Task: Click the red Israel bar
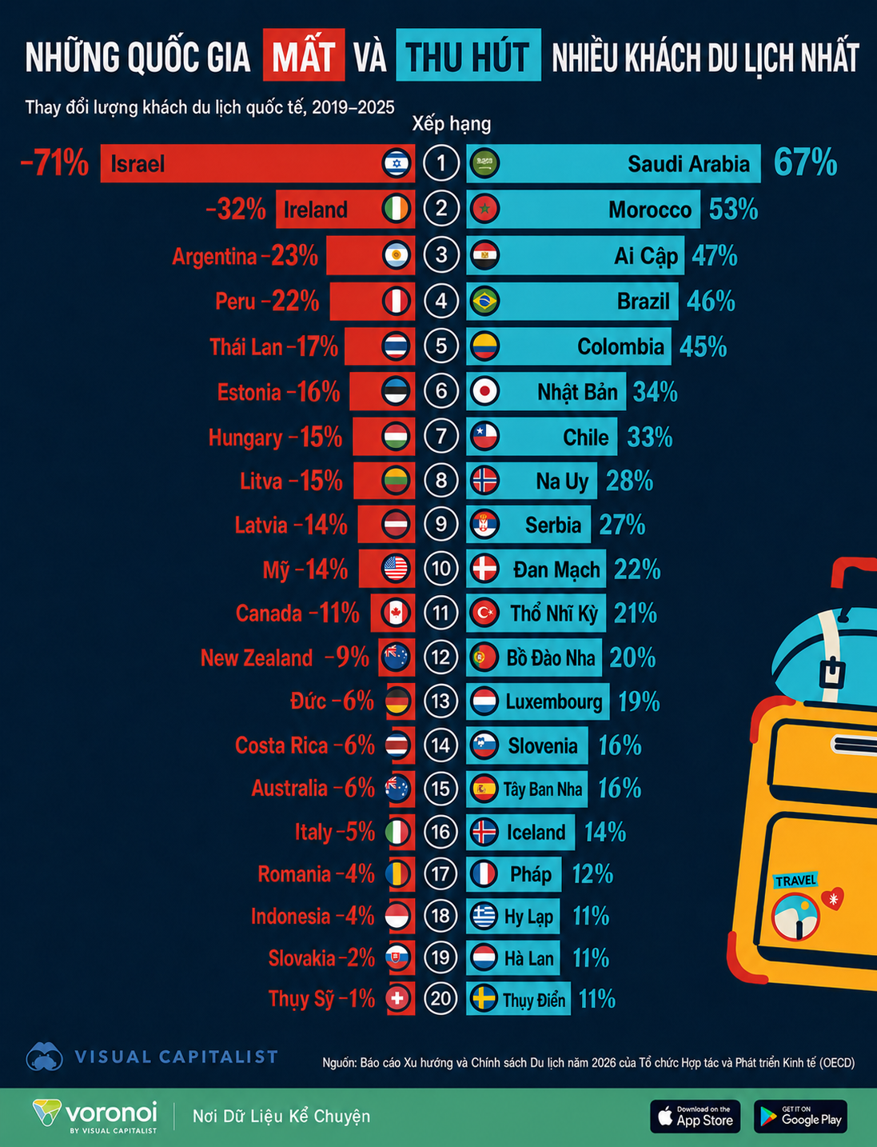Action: (257, 163)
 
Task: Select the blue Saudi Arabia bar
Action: (613, 163)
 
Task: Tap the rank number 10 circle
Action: (440, 568)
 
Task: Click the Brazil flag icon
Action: (484, 301)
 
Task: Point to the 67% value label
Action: (805, 162)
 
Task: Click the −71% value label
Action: (54, 163)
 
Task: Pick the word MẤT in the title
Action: (304, 55)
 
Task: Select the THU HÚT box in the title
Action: (468, 55)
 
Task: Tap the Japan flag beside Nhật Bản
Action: (484, 391)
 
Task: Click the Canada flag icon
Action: (396, 613)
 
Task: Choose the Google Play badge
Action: (800, 1116)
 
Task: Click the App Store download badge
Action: (696, 1116)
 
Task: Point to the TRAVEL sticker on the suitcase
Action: (795, 881)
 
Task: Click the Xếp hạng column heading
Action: (452, 124)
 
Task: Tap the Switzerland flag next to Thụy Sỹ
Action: (397, 998)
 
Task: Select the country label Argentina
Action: (215, 257)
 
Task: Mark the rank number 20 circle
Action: (440, 998)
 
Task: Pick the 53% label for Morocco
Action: (733, 209)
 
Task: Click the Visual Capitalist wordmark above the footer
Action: (176, 1057)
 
